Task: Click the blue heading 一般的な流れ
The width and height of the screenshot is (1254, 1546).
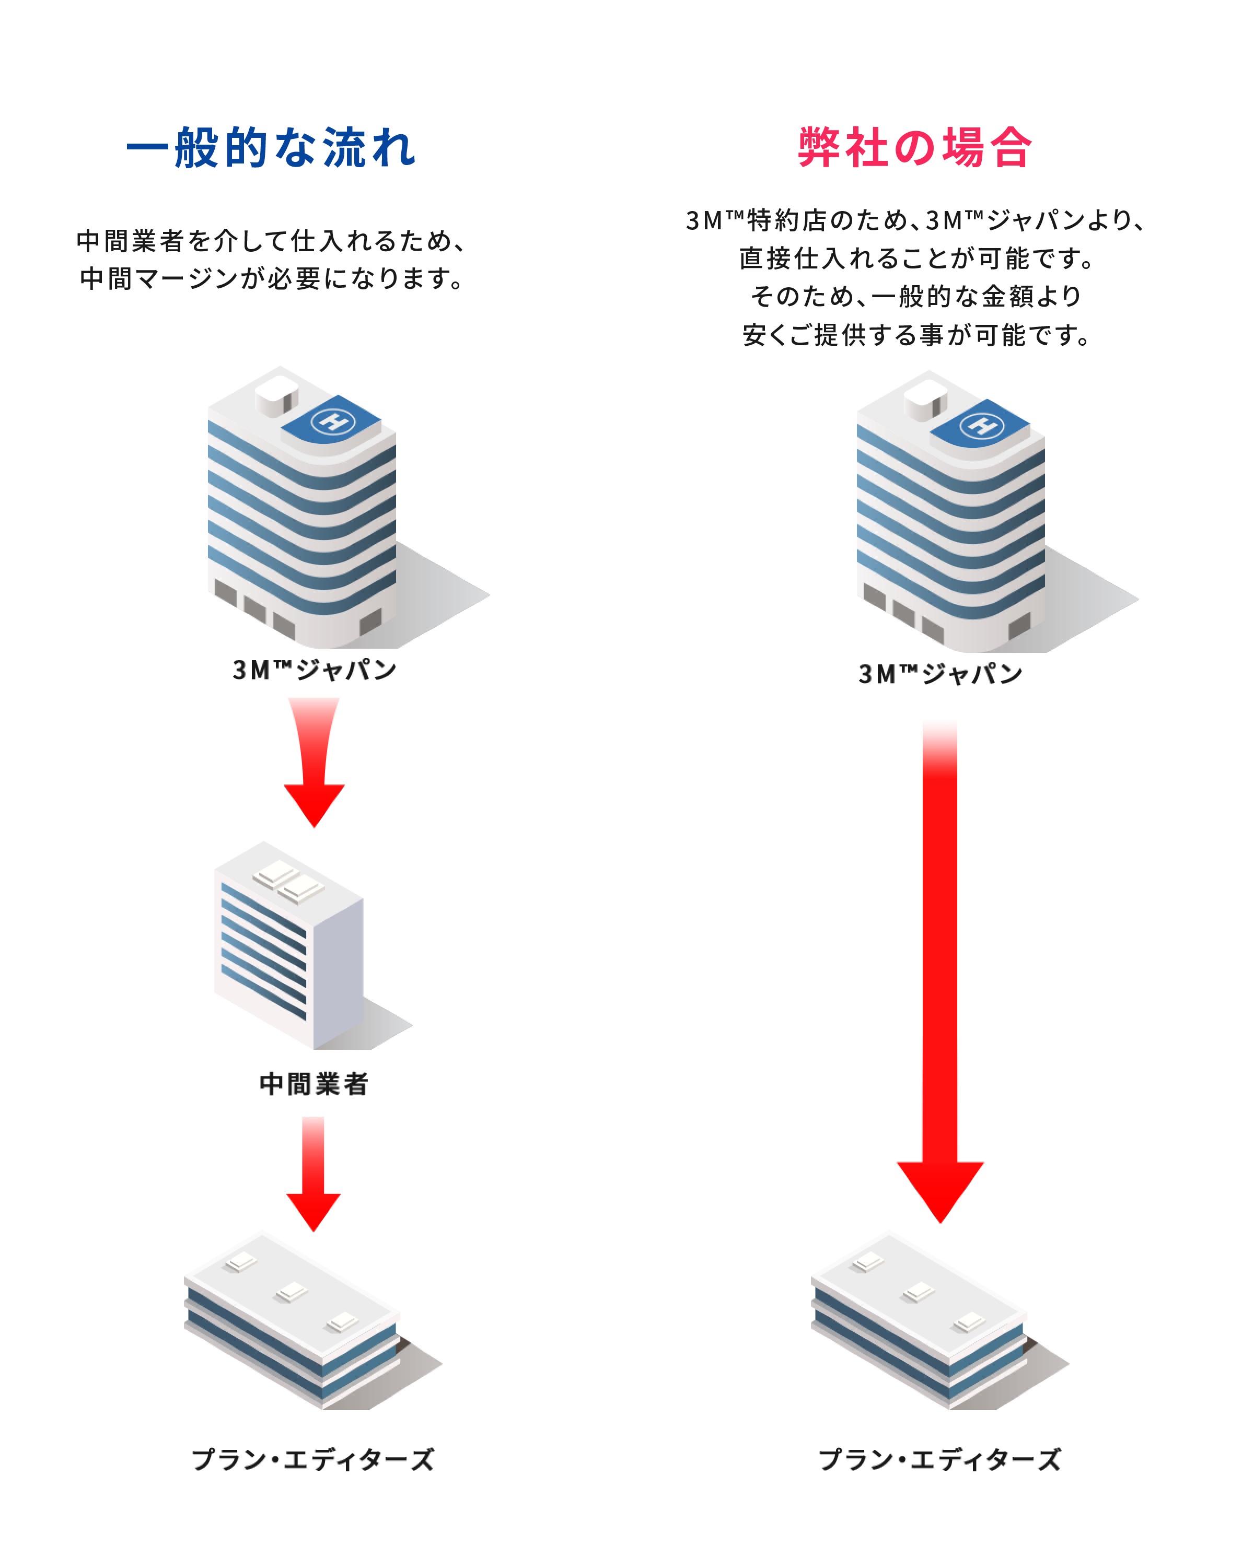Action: click(271, 147)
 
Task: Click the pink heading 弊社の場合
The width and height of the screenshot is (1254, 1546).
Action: click(915, 147)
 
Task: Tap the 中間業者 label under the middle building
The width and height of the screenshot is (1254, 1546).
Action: click(314, 1084)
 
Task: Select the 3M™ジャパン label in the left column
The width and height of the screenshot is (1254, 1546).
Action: click(314, 670)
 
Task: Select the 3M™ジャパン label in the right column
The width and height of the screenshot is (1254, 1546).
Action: click(940, 674)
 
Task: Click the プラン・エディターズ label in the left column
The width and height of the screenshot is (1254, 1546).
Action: click(313, 1459)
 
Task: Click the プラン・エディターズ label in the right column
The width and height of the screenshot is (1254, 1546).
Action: click(940, 1459)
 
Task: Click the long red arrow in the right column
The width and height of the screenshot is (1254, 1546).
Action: click(940, 971)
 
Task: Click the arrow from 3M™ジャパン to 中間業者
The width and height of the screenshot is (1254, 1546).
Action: click(314, 763)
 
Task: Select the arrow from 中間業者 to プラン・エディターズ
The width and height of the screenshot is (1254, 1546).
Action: click(313, 1174)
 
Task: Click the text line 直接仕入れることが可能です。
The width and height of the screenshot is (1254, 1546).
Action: click(916, 259)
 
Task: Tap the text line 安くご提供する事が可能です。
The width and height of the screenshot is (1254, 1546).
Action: click(916, 335)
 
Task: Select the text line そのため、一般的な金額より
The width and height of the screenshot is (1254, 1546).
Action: click(916, 297)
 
